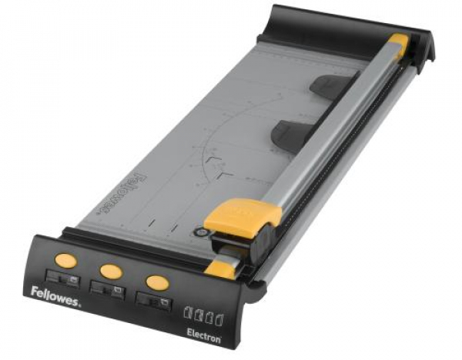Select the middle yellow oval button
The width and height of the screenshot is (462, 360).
coord(110,270)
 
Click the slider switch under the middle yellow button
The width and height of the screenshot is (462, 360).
coord(104,288)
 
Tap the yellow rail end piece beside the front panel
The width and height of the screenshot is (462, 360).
coord(222,268)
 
